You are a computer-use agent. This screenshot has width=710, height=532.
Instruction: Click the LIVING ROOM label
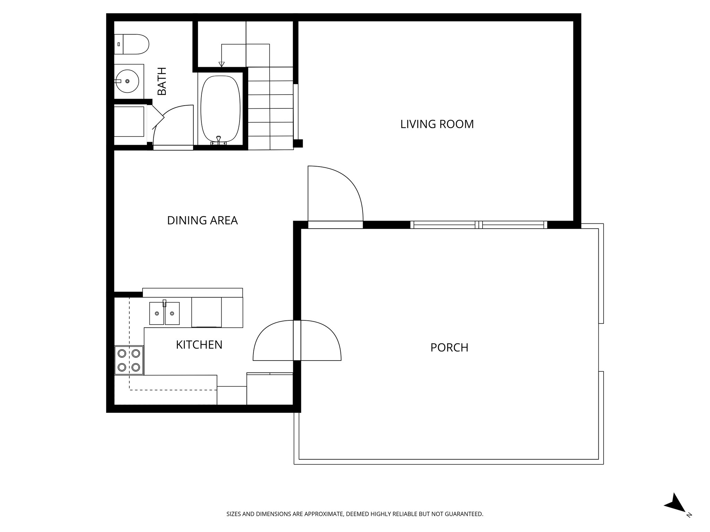click(437, 124)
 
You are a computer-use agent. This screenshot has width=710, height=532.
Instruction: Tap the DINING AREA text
click(202, 220)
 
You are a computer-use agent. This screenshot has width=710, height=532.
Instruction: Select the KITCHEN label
click(199, 345)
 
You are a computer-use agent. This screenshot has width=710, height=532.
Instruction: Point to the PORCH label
click(449, 347)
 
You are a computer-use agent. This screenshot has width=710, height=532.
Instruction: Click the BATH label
click(162, 81)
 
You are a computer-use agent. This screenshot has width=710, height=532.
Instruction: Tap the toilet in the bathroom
click(132, 44)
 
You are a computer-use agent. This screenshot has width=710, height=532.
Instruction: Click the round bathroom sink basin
click(127, 81)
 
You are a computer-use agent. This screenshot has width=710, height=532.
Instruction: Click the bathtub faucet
click(218, 140)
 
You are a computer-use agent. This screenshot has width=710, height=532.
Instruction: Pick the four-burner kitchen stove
click(129, 360)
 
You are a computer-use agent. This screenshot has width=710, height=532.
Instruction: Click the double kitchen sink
click(164, 313)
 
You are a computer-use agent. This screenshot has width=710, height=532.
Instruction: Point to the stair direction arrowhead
click(222, 64)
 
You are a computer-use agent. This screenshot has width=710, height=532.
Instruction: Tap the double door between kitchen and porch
click(297, 340)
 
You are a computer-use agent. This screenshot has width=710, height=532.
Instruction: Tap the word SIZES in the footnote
click(234, 514)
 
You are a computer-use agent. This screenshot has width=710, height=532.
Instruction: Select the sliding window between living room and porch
click(479, 225)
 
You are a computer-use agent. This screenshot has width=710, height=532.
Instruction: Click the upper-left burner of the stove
click(122, 353)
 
